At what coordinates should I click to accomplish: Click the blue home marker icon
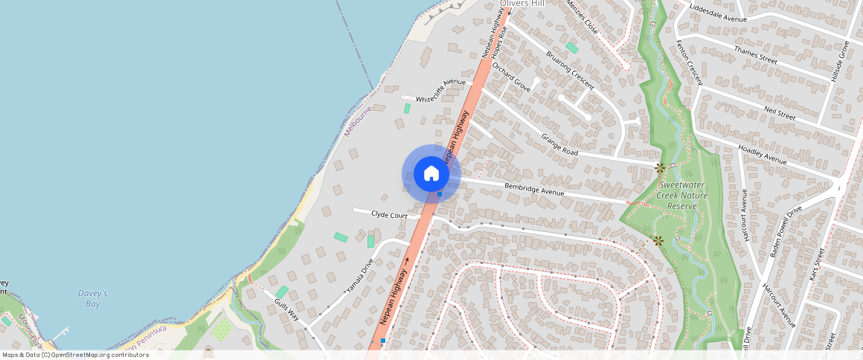click(x=431, y=174)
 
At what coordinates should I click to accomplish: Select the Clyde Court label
click(x=389, y=214)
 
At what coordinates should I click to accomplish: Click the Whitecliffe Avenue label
click(x=440, y=91)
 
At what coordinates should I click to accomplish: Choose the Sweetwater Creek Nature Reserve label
click(x=683, y=195)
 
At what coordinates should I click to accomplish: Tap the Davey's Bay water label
click(x=93, y=298)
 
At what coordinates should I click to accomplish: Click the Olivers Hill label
click(x=522, y=4)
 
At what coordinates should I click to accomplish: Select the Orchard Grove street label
click(x=512, y=77)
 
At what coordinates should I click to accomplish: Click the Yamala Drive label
click(x=359, y=276)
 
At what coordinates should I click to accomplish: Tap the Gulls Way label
click(x=286, y=309)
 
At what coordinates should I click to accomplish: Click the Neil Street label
click(x=779, y=113)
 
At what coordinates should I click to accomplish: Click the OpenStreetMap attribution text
click(x=76, y=355)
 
